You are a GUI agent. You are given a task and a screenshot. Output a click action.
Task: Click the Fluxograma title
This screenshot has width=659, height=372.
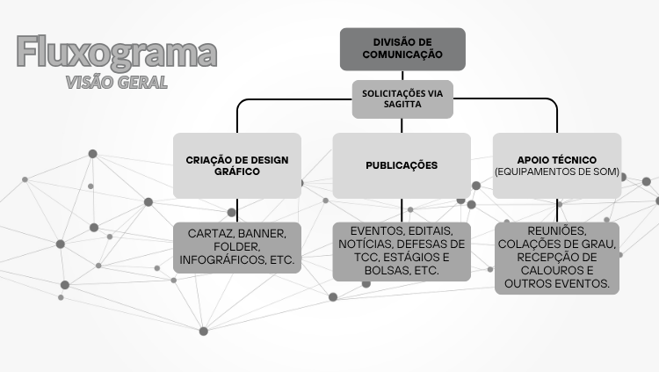click(116, 53)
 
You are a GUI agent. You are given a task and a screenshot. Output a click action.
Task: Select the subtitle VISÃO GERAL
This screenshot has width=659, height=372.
click(116, 83)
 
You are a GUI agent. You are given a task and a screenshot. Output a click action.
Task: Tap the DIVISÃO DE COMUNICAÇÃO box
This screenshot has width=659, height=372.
click(402, 48)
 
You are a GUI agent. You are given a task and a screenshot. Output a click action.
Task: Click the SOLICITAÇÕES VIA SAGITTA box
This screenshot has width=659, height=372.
click(402, 98)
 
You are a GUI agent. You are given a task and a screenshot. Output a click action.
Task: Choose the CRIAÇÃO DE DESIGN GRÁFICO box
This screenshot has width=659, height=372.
click(236, 165)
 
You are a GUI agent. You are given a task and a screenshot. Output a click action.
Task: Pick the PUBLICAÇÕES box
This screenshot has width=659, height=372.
click(402, 165)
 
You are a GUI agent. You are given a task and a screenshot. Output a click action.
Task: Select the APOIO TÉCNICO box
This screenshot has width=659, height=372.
click(557, 165)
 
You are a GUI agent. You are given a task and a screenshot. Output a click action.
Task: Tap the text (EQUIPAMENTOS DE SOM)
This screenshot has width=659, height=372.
click(557, 171)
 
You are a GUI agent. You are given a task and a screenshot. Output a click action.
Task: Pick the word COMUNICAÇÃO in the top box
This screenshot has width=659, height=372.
click(402, 55)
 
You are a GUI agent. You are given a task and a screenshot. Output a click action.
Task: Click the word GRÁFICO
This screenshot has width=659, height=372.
click(236, 172)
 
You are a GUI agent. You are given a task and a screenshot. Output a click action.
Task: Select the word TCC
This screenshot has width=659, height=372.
click(352, 258)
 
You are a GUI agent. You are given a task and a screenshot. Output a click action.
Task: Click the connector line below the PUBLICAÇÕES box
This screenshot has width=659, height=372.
click(402, 210)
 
